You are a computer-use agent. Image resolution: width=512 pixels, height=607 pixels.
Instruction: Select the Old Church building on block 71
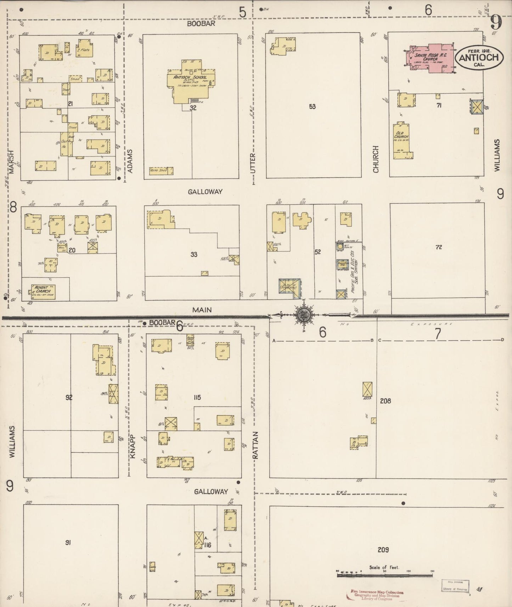coord(401,140)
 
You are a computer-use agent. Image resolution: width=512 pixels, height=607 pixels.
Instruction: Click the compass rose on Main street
coord(304,314)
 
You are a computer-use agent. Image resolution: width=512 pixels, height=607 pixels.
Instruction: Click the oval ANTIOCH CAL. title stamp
coord(478,57)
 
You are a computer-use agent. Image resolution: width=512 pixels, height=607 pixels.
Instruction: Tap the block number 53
coord(312,106)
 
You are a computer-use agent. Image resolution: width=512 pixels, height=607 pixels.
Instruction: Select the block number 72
coord(439,247)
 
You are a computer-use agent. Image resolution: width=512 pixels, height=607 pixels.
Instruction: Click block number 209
coord(383,550)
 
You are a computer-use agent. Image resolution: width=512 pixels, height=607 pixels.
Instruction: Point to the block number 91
coord(68,542)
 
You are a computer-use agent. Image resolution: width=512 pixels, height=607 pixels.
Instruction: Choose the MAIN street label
coord(202,310)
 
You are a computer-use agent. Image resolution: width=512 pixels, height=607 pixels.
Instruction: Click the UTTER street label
coord(253,163)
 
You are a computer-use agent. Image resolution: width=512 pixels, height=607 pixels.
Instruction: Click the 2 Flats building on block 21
coord(85,50)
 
